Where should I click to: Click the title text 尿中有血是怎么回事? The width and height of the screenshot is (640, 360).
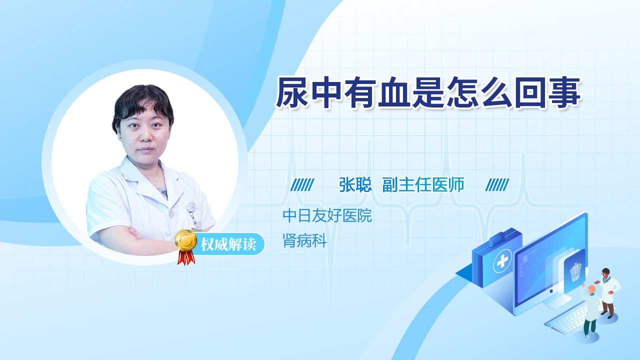pyautogui.click(x=428, y=92)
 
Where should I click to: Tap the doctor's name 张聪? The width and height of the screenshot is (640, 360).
pyautogui.click(x=355, y=184)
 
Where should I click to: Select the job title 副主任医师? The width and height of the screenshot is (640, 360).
pyautogui.click(x=423, y=184)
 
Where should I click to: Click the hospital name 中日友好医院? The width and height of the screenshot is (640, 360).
pyautogui.click(x=327, y=215)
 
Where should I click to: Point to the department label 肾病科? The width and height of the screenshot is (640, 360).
pyautogui.click(x=304, y=240)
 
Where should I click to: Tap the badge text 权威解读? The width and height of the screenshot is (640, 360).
pyautogui.click(x=228, y=244)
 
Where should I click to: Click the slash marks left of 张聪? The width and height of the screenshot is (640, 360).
pyautogui.click(x=302, y=185)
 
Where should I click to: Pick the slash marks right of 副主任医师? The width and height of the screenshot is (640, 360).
pyautogui.click(x=497, y=185)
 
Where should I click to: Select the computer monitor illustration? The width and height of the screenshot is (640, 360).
pyautogui.click(x=550, y=263)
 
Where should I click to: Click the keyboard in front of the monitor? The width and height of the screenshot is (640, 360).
pyautogui.click(x=567, y=320)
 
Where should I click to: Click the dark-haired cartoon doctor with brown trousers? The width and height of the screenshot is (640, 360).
pyautogui.click(x=608, y=293)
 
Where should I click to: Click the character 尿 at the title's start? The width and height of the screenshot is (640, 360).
pyautogui.click(x=291, y=92)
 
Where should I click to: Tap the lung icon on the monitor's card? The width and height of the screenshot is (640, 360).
pyautogui.click(x=575, y=271)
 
